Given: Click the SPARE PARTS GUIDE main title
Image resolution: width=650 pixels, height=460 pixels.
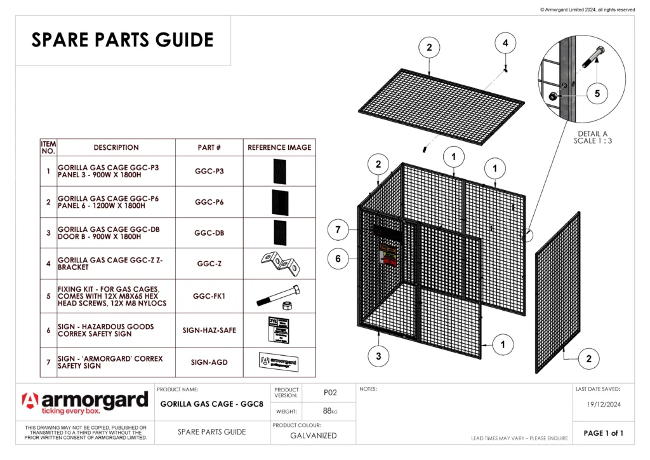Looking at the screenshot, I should click(x=123, y=40).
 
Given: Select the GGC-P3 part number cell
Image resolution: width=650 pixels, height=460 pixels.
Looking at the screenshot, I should click(x=209, y=171).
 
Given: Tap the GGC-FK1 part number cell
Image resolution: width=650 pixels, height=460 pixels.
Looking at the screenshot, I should click(x=209, y=296).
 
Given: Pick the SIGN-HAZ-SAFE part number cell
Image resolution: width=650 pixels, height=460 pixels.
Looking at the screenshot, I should click(x=209, y=330).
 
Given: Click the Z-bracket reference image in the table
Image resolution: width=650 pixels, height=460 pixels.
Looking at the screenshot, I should click(x=279, y=263).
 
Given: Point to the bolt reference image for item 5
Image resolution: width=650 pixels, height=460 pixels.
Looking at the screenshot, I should click(x=279, y=297).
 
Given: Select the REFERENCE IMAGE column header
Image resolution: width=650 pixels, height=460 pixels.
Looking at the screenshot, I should click(x=279, y=147).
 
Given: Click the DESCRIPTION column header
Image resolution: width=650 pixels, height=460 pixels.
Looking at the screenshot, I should click(x=116, y=147).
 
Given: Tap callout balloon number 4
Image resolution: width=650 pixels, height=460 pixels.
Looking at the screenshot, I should click(x=505, y=43).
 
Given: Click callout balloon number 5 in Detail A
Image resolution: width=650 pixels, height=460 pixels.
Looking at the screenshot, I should click(x=597, y=93).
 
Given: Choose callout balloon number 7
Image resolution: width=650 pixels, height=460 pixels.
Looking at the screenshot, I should click(x=338, y=229).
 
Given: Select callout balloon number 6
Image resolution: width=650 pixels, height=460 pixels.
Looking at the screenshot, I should click(x=338, y=259).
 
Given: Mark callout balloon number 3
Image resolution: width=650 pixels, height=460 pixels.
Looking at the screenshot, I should click(x=378, y=356).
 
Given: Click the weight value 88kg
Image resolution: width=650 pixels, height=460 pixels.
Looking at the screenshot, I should click(x=329, y=411).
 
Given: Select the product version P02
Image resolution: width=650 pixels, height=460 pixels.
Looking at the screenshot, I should click(x=329, y=393).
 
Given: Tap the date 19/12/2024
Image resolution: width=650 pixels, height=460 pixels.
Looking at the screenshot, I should click(x=602, y=403).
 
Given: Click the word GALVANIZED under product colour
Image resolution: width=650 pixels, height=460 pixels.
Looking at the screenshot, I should click(x=314, y=436).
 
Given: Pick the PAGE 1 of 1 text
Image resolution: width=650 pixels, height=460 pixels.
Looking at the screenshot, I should click(x=603, y=433).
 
